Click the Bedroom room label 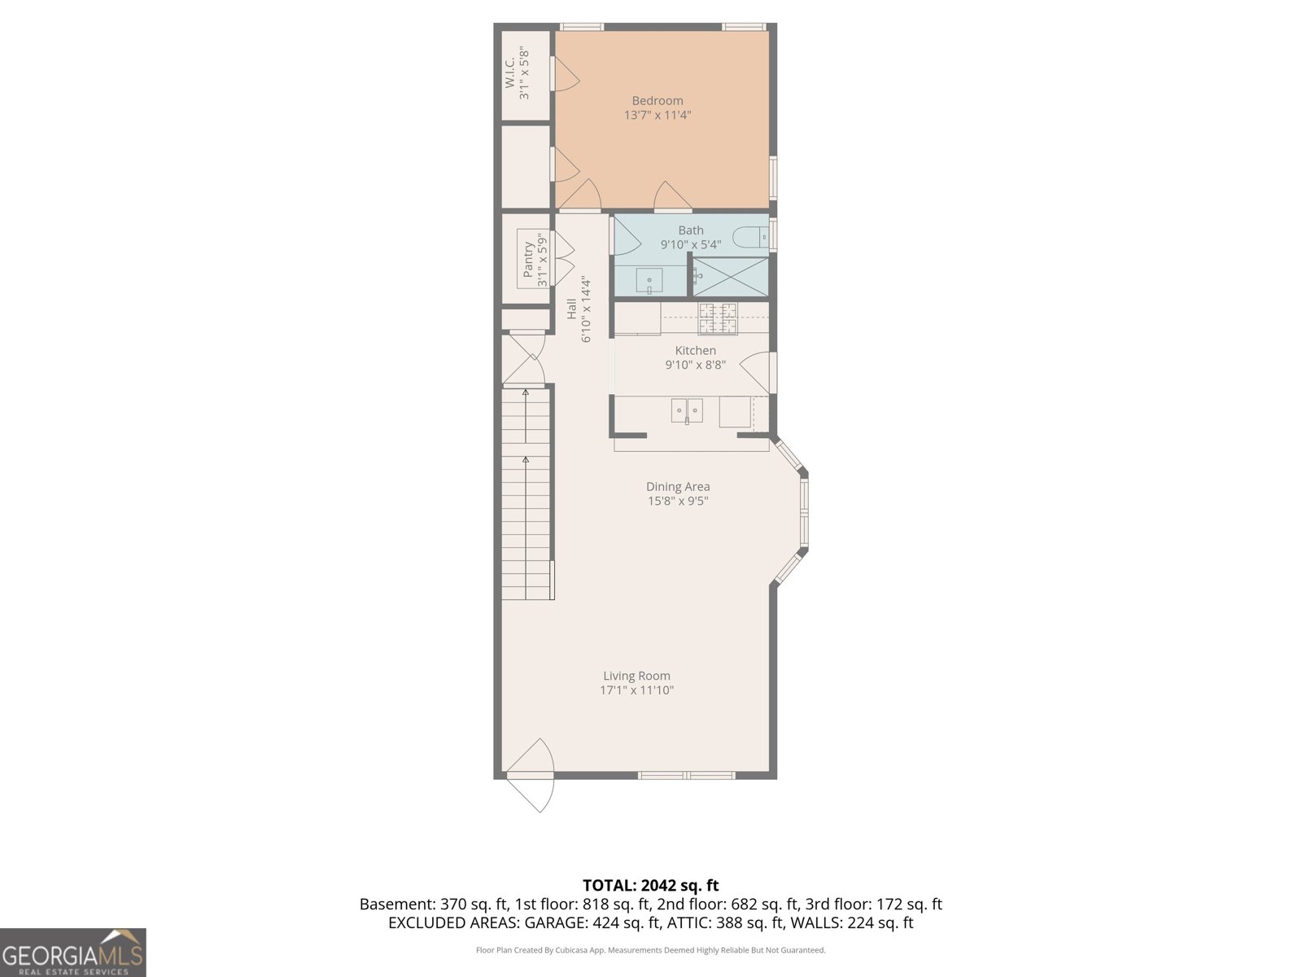[658, 101]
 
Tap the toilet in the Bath [747, 238]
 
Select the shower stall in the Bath [730, 276]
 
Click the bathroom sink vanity [649, 281]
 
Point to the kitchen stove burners [718, 318]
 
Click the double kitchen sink [687, 411]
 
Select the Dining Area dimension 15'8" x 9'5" [678, 502]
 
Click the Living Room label [636, 676]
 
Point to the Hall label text [571, 309]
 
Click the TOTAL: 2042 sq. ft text [650, 885]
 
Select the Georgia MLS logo [72, 953]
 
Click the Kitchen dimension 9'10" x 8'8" [695, 366]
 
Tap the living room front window [687, 775]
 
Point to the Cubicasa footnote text [650, 950]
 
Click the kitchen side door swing [757, 371]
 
